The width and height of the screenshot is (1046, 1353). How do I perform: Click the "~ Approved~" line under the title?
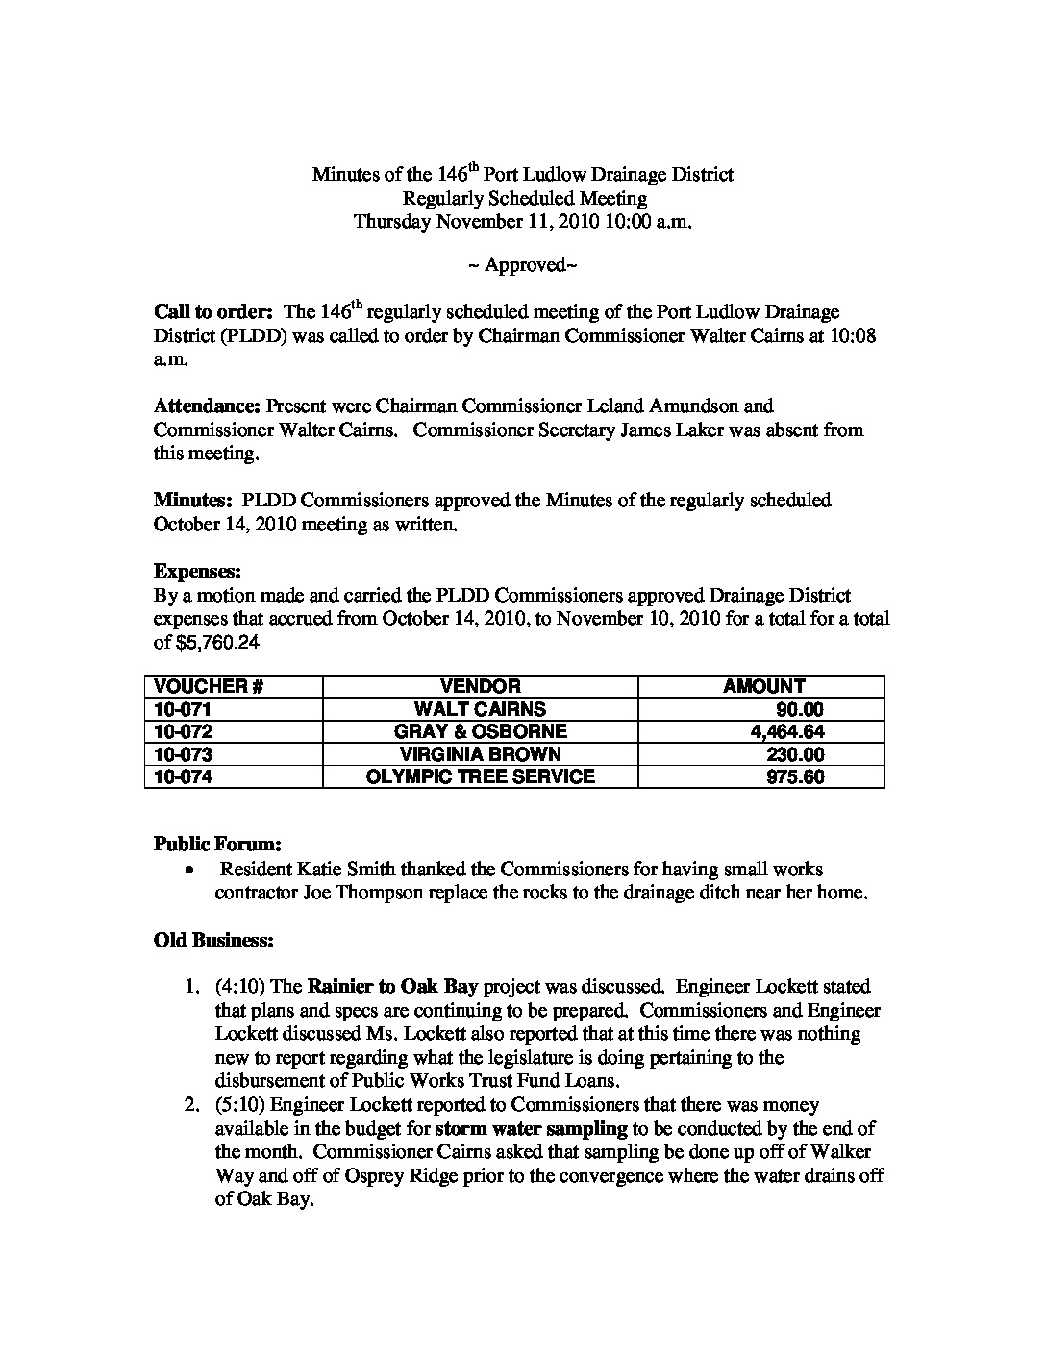click(x=522, y=265)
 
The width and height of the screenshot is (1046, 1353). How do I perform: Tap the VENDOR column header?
click(x=480, y=686)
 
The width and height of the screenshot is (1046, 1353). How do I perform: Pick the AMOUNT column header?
click(x=764, y=686)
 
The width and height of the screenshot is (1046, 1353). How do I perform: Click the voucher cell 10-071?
click(x=183, y=710)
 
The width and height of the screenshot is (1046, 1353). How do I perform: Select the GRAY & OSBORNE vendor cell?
click(x=480, y=732)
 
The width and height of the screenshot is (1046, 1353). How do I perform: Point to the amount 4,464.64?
click(x=787, y=732)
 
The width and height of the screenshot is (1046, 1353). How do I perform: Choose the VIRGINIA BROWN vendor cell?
click(x=480, y=754)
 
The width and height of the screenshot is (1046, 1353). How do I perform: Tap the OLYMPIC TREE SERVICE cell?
click(x=480, y=776)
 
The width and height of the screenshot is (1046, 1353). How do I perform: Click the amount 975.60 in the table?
click(x=795, y=776)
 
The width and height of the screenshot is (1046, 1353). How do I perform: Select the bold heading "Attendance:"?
click(x=208, y=406)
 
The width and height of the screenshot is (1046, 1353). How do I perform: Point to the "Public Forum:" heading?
click(x=217, y=845)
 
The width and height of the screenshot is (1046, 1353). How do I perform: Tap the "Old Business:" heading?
click(x=213, y=940)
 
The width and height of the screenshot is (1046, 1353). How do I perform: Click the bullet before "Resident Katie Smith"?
click(x=192, y=870)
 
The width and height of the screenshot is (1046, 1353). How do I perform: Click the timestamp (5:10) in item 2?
click(x=235, y=1105)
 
